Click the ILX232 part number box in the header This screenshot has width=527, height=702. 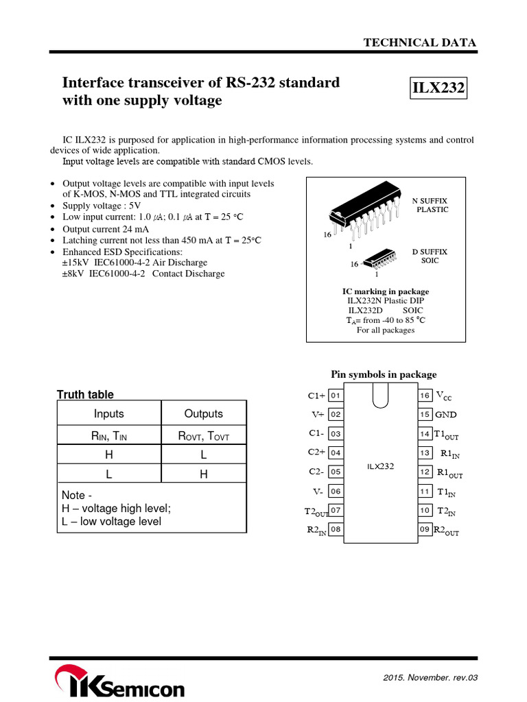(438, 88)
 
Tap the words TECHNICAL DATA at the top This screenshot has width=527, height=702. (420, 43)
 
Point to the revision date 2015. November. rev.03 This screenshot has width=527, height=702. (430, 678)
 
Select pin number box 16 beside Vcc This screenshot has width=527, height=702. (425, 396)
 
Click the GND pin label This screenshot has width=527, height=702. (445, 415)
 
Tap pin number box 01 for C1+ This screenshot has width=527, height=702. (336, 396)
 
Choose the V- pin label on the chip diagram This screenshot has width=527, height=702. (316, 492)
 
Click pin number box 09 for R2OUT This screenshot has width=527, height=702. (425, 529)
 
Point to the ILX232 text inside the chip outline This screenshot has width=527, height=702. (380, 466)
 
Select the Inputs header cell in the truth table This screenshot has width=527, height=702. (108, 414)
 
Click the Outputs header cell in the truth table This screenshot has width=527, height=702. (204, 414)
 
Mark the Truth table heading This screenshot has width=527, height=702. (85, 394)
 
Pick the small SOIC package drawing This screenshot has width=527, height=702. (376, 259)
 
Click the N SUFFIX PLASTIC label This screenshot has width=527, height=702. (430, 204)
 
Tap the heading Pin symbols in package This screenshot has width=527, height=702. (384, 374)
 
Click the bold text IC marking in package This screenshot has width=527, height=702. (386, 291)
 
